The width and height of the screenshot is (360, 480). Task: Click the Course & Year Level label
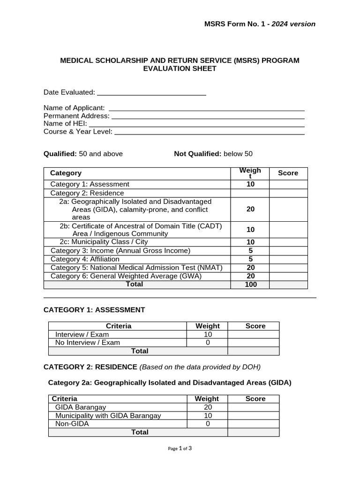[x=78, y=132]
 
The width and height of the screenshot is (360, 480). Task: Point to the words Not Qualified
[x=197, y=154]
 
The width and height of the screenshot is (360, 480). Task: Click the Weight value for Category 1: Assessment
[x=250, y=184]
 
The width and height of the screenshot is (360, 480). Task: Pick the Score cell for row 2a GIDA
[x=288, y=209]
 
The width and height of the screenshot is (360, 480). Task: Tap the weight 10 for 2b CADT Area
[x=250, y=230]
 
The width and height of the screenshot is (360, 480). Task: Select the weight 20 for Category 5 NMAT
[x=250, y=268]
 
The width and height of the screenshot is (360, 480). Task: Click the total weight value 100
[x=250, y=285]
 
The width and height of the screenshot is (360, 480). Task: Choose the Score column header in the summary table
[x=288, y=173]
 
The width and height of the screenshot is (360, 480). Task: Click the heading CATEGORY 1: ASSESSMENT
[x=94, y=310]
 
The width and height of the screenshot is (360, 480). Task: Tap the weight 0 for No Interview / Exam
[x=208, y=343]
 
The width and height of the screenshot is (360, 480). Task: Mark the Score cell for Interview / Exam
[x=253, y=335]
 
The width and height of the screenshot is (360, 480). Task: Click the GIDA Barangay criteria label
[x=81, y=407]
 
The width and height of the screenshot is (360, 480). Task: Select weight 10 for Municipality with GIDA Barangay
[x=208, y=416]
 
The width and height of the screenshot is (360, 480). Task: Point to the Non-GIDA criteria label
[x=72, y=424]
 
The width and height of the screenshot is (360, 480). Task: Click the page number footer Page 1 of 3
[x=180, y=449]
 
